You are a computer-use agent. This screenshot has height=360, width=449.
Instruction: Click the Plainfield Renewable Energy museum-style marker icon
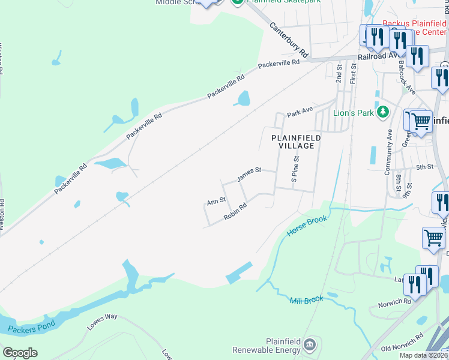point(310,344)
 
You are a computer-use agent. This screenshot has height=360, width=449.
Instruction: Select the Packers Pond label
point(32,326)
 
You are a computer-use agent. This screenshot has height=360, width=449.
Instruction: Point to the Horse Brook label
point(307,226)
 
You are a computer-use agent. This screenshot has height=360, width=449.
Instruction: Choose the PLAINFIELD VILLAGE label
point(296,142)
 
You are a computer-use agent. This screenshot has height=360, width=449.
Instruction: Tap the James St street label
point(249,174)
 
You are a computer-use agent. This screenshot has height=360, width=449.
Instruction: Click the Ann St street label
point(216,202)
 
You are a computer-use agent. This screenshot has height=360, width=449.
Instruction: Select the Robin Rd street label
point(235,212)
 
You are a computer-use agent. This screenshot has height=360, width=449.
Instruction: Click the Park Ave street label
point(300,112)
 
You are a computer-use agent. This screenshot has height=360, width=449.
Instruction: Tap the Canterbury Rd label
point(288,40)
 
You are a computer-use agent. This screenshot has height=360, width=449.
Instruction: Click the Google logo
point(20,353)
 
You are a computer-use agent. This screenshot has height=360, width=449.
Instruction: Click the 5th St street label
point(424,167)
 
